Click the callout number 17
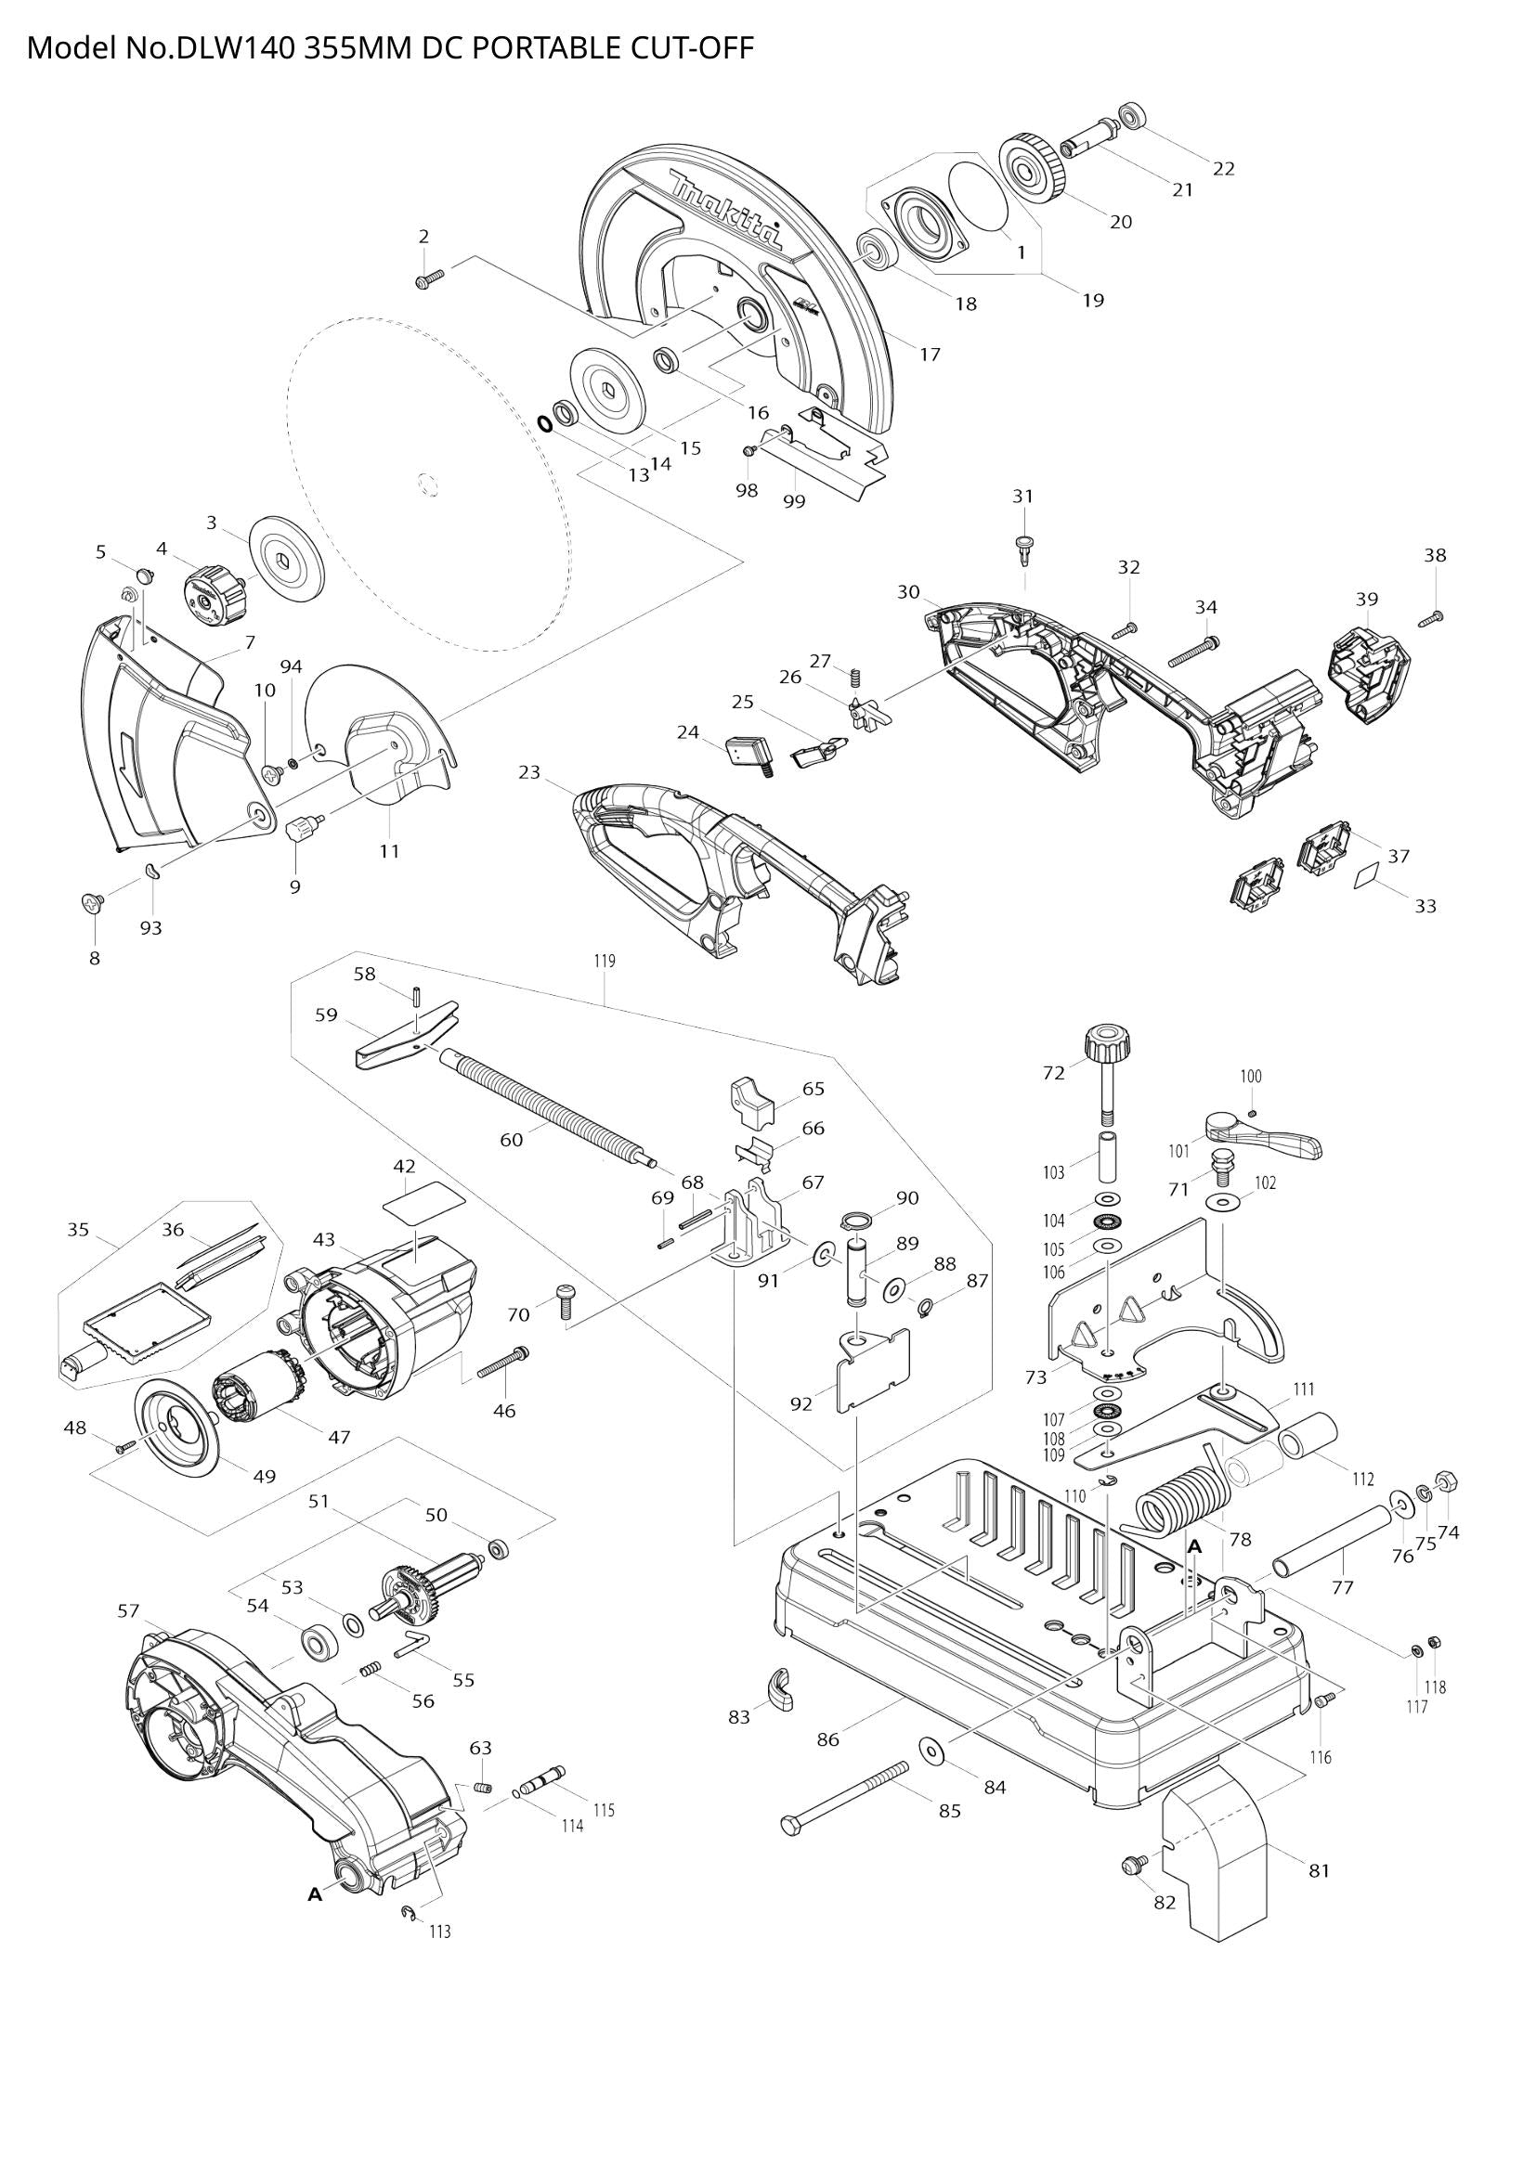click(x=930, y=355)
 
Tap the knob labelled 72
click(x=1106, y=1044)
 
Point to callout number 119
click(x=605, y=961)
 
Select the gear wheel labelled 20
click(x=1034, y=169)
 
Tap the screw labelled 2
click(x=430, y=278)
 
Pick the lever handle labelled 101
click(x=1263, y=1134)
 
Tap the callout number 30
click(x=908, y=592)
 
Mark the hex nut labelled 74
click(x=1444, y=1480)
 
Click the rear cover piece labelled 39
click(x=1368, y=670)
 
